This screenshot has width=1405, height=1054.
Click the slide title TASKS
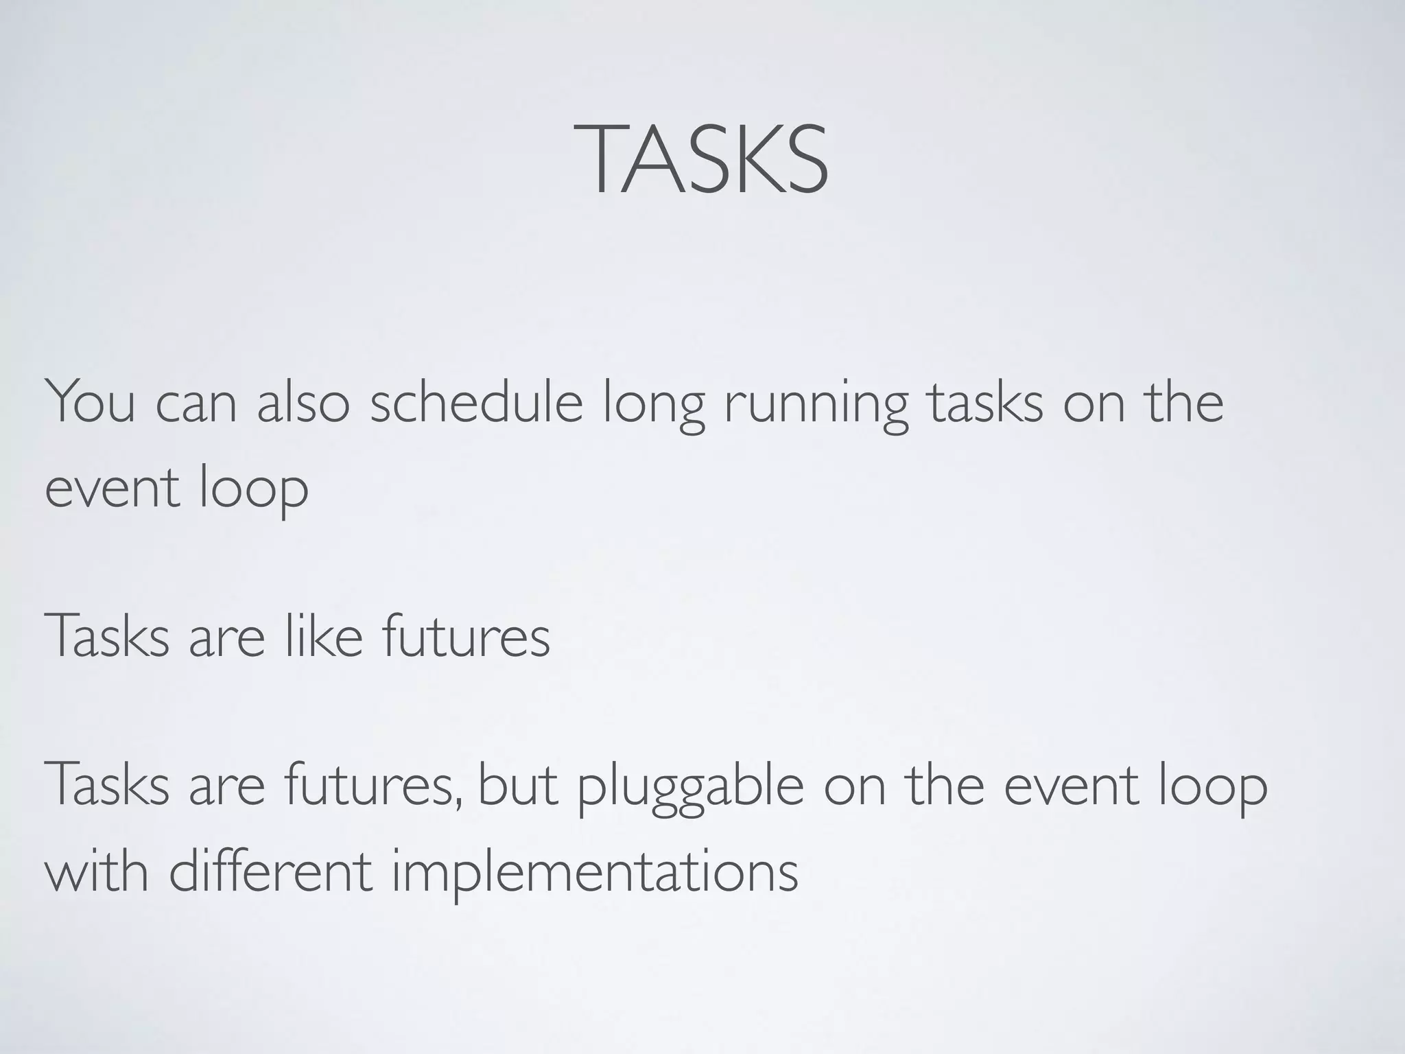click(700, 160)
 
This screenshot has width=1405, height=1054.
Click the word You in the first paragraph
click(90, 403)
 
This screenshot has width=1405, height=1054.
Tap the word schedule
click(476, 403)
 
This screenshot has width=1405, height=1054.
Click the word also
click(303, 403)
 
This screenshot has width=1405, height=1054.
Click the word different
click(270, 871)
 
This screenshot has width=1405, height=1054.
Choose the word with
click(97, 871)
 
